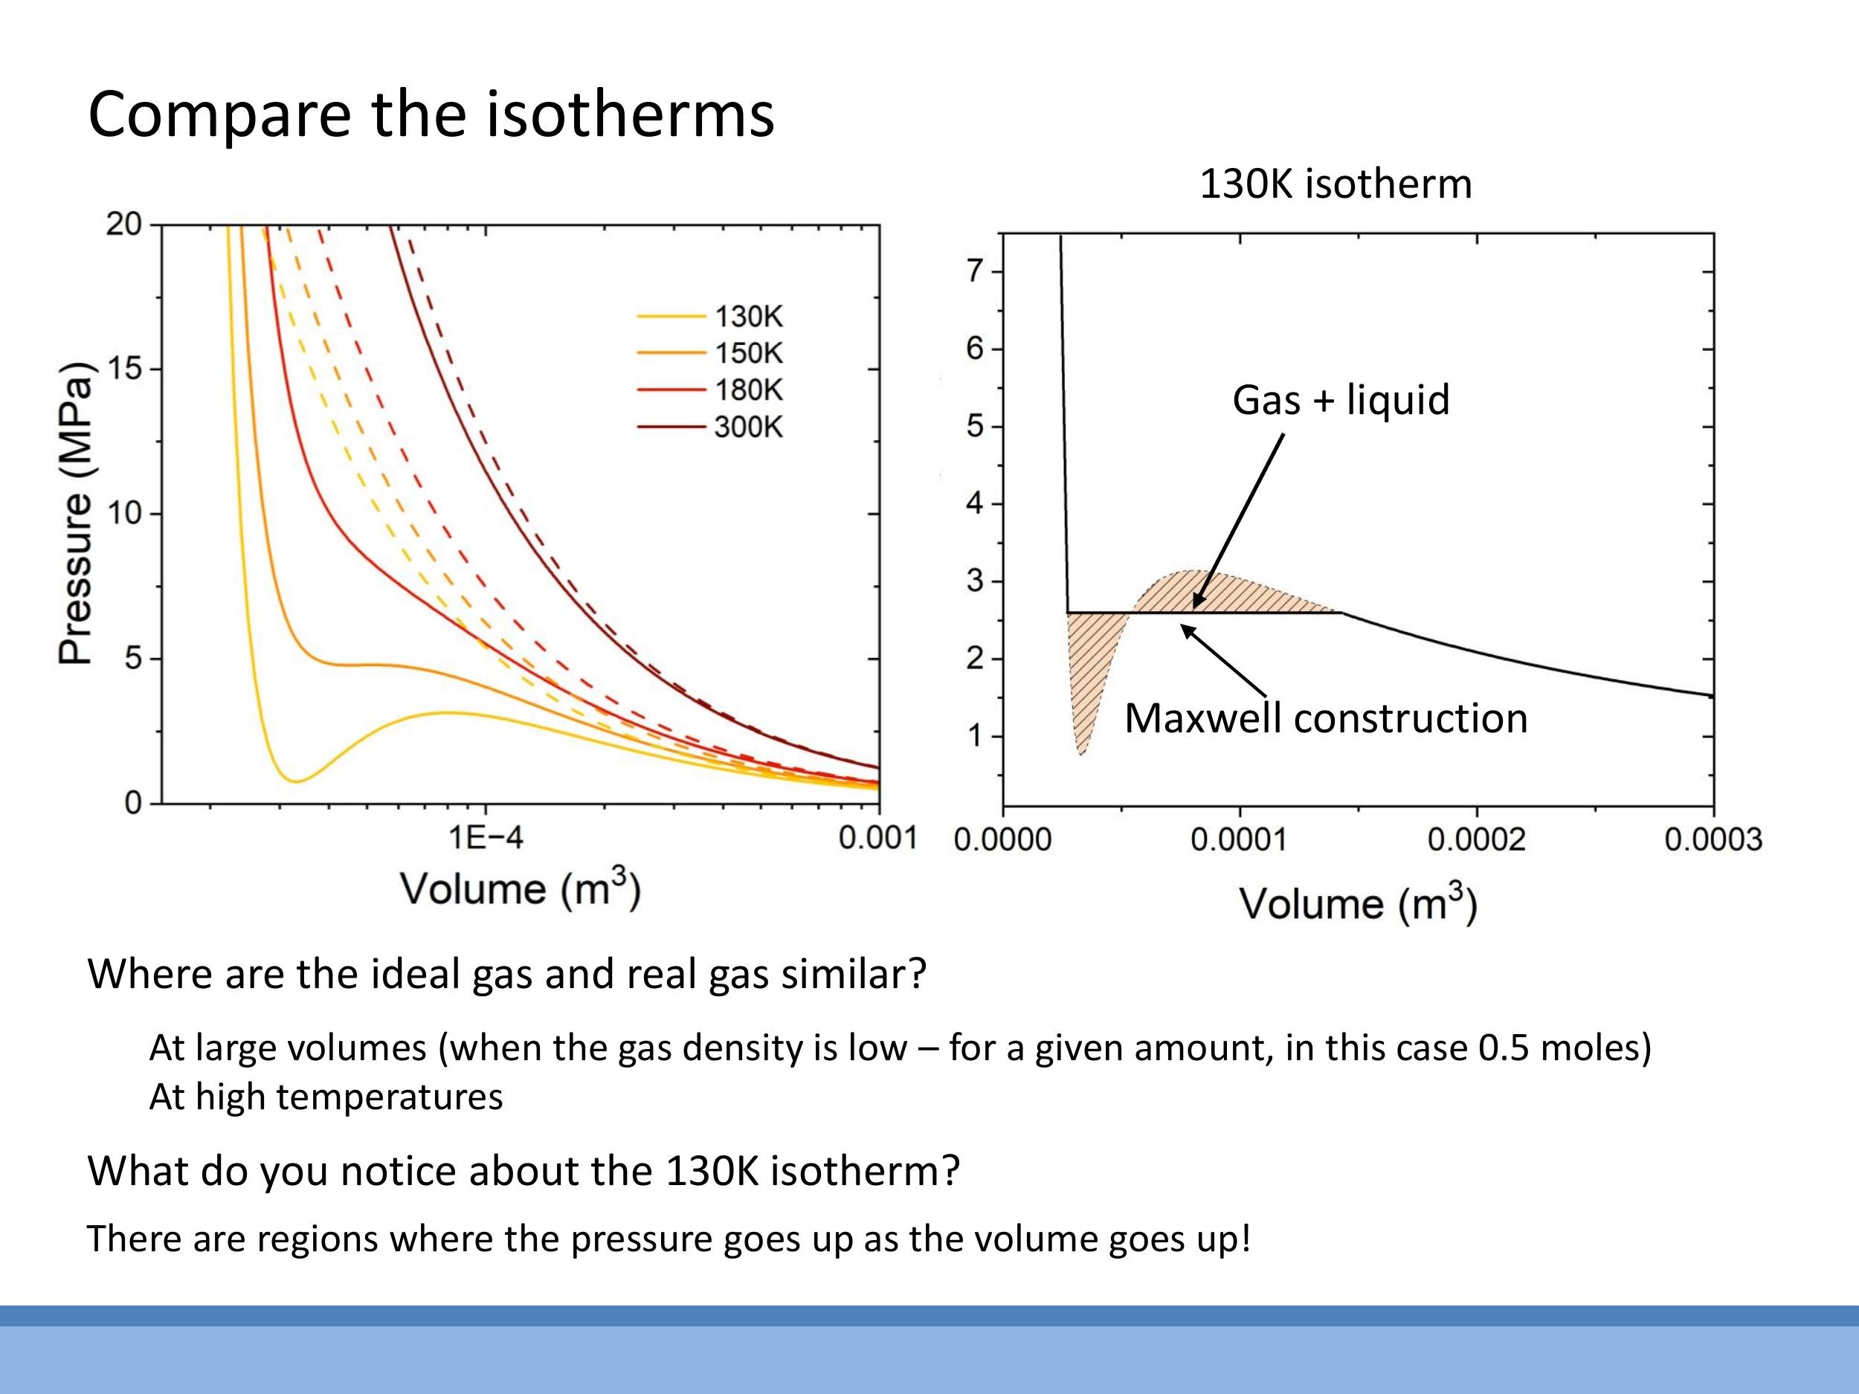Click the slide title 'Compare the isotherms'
pyautogui.click(x=431, y=115)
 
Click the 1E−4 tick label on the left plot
pyautogui.click(x=485, y=838)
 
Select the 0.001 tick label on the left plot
pyautogui.click(x=877, y=838)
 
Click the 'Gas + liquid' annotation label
pyautogui.click(x=1341, y=399)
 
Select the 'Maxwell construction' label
pyautogui.click(x=1325, y=718)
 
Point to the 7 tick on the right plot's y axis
pyautogui.click(x=974, y=271)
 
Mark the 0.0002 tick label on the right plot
pyautogui.click(x=1476, y=839)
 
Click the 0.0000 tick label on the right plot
pyautogui.click(x=1002, y=839)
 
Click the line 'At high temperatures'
pyautogui.click(x=326, y=1097)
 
